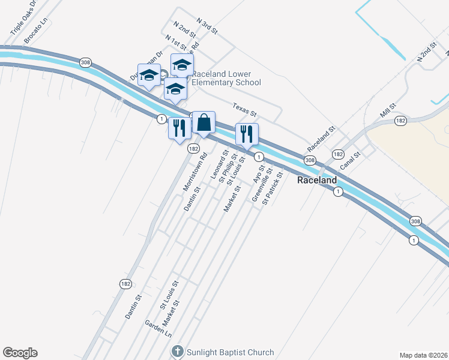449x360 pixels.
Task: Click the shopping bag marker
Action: [x=203, y=123]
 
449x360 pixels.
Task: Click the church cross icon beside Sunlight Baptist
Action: [x=177, y=351]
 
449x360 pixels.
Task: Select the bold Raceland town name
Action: [x=317, y=180]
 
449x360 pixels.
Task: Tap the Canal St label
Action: [x=349, y=163]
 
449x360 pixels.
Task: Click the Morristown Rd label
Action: [x=195, y=172]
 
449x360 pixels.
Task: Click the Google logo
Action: [x=20, y=353]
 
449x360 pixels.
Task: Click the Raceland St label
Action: [x=321, y=139]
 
